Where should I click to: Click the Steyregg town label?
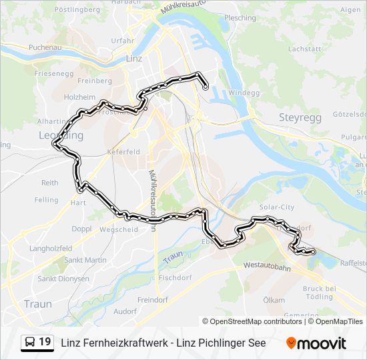tap(300, 117)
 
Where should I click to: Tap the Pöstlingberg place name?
tap(77, 10)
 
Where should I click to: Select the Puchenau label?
tap(45, 47)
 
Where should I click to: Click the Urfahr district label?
tap(123, 41)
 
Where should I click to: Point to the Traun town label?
tap(37, 303)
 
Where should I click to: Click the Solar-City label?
tap(277, 207)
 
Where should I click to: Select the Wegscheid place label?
tap(119, 229)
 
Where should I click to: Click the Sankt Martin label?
tap(85, 260)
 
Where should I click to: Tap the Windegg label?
tap(243, 93)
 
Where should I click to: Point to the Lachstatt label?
tap(305, 49)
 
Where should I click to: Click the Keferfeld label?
tap(123, 151)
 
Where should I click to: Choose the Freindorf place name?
tap(153, 299)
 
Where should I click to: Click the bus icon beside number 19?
tap(30, 342)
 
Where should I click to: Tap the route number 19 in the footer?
tap(45, 342)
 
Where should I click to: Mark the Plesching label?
tap(241, 18)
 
